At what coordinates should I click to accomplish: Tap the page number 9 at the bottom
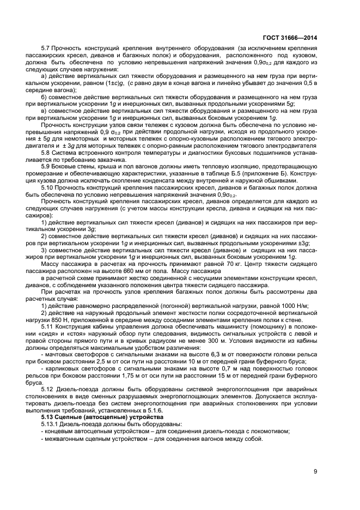click(x=316, y=472)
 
